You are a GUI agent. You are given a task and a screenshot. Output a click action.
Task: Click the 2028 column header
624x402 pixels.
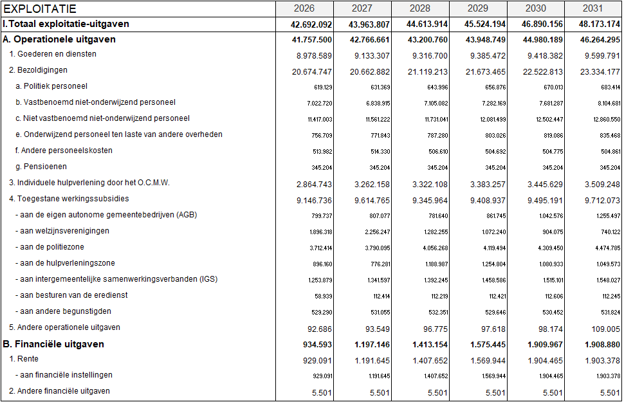click(419, 8)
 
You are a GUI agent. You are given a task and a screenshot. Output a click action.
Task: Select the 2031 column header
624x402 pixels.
click(593, 8)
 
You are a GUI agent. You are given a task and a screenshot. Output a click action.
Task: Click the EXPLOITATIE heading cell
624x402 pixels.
click(40, 9)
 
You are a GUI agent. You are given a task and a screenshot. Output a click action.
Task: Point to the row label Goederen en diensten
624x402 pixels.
click(53, 54)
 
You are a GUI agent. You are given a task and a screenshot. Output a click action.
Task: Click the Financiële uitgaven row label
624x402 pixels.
click(53, 344)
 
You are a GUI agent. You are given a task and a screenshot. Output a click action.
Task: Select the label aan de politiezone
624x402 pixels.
click(50, 247)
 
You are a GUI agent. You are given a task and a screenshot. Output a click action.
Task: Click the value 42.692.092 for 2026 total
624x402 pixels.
click(312, 24)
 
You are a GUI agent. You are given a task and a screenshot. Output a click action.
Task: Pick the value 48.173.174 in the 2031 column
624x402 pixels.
click(600, 24)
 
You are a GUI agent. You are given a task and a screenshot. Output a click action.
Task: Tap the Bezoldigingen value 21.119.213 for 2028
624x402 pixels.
click(427, 71)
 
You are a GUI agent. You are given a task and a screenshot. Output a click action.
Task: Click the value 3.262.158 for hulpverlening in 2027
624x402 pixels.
click(369, 184)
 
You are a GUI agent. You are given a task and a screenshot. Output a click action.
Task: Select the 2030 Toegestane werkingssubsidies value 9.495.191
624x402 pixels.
click(543, 200)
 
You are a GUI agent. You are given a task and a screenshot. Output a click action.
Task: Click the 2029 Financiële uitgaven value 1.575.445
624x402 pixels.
click(485, 345)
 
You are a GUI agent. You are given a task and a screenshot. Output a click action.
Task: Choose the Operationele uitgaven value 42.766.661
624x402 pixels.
click(369, 40)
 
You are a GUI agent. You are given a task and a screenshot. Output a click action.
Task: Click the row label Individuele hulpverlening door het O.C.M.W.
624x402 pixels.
click(89, 183)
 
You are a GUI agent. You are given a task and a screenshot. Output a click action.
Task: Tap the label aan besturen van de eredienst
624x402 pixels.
click(71, 295)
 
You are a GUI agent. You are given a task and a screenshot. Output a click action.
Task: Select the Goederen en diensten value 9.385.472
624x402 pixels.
click(485, 55)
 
